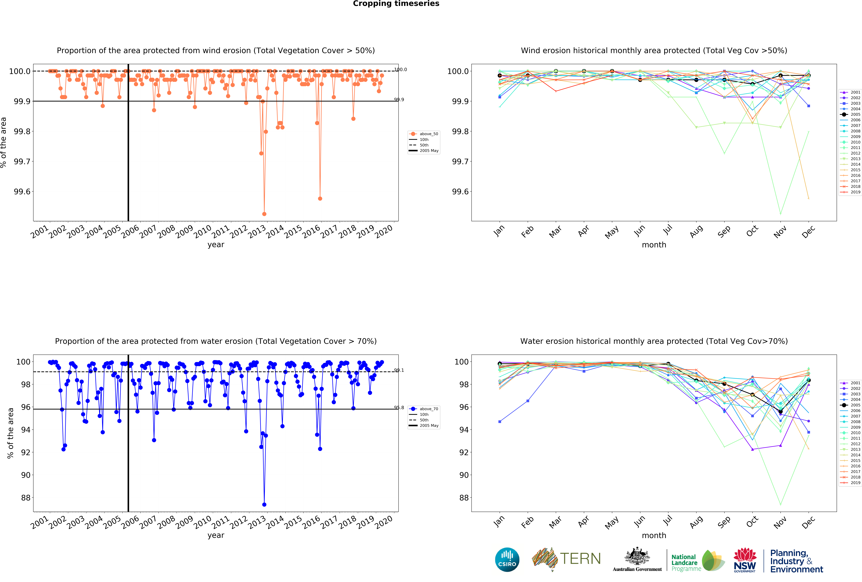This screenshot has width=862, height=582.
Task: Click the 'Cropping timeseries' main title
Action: (x=396, y=4)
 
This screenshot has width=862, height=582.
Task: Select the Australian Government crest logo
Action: (x=637, y=556)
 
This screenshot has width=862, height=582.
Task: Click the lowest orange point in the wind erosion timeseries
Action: (x=264, y=214)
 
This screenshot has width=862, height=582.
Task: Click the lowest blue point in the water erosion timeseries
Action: (x=264, y=505)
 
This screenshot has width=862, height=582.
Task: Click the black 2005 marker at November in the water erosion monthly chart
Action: (x=780, y=412)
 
